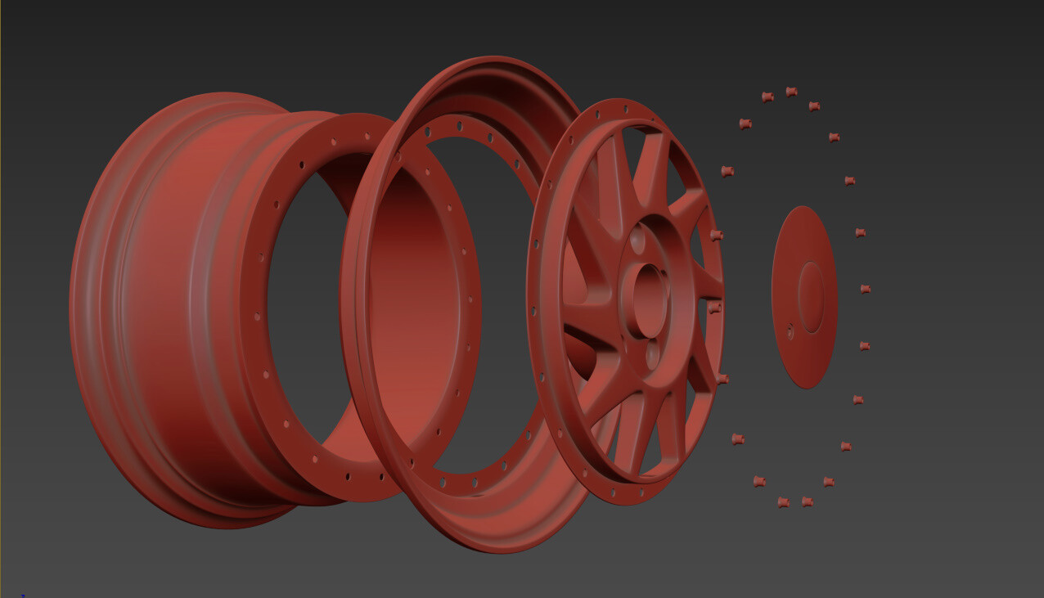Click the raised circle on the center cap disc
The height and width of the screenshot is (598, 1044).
811,297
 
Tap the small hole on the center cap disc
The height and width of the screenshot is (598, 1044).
790,331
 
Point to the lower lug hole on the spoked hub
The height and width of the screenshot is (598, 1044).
653,353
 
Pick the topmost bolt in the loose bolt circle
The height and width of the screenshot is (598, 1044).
791,92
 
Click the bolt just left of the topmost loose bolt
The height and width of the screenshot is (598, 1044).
767,97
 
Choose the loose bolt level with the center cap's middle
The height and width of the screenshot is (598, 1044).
865,289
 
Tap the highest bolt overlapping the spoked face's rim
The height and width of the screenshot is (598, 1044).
716,236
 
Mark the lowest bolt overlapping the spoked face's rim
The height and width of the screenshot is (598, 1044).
722,379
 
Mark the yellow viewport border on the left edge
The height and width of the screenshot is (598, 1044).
1,299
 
